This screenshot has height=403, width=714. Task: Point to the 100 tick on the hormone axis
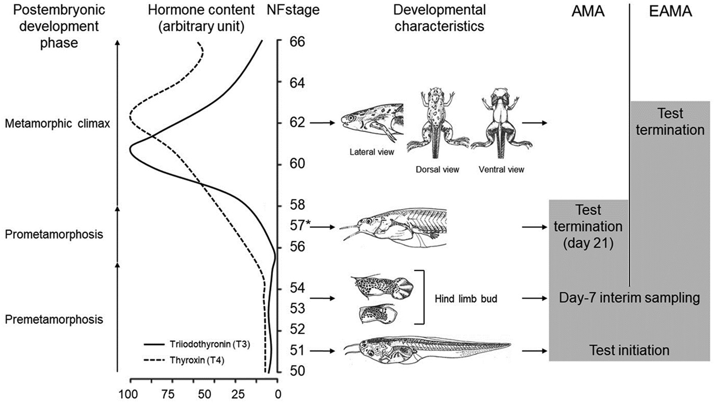126,394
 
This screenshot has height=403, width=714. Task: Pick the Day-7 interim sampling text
628,298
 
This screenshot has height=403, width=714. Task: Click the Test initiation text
629,350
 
